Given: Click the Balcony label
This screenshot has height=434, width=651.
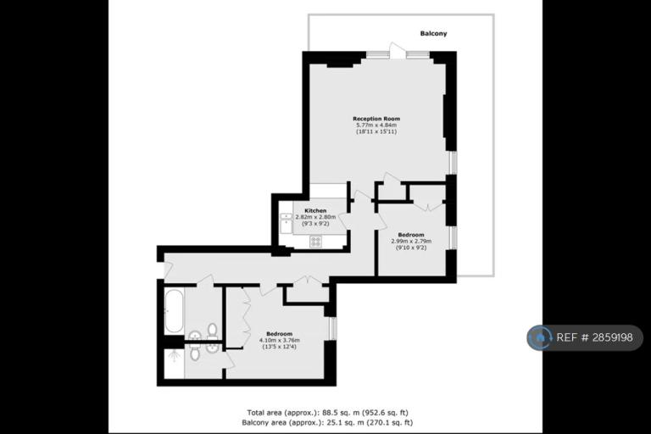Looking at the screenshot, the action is [x=433, y=33].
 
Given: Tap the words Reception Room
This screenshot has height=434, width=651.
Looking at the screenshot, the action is [x=376, y=119].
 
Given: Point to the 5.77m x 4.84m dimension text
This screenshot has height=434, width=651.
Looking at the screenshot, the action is [x=376, y=125].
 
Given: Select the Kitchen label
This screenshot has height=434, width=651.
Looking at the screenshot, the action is [x=315, y=210].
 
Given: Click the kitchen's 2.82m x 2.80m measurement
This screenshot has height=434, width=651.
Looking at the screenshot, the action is [x=315, y=217].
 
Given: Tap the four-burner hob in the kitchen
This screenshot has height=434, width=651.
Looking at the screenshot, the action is [x=315, y=242].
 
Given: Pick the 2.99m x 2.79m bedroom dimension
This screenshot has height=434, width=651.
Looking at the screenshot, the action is [x=411, y=242].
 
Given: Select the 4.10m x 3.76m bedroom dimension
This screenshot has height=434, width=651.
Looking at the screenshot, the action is [x=280, y=340].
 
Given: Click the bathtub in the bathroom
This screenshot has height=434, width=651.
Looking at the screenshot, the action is [x=174, y=311].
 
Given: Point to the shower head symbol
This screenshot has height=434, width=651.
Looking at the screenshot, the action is [x=175, y=354].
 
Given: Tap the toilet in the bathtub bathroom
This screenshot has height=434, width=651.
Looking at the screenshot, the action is [x=212, y=330].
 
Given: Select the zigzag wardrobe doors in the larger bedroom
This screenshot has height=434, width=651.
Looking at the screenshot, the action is [x=245, y=317].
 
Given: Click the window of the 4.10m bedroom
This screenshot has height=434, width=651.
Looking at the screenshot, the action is [x=332, y=329].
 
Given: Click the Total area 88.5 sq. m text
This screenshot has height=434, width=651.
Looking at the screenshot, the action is [x=327, y=413].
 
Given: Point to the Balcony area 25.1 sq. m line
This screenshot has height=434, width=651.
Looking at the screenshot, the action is [x=327, y=423].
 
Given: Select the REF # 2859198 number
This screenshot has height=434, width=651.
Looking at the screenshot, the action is [x=594, y=337].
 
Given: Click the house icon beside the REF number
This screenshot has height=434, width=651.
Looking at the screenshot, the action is [x=540, y=337].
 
